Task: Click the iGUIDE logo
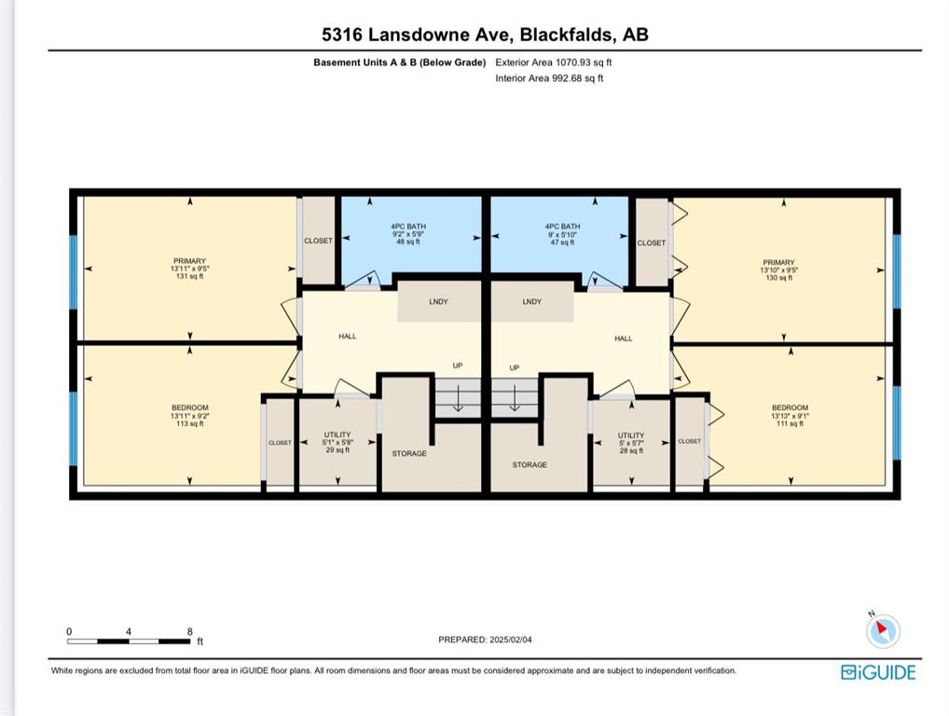pos(878,672)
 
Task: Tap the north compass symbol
pos(883,630)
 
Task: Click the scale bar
pos(129,640)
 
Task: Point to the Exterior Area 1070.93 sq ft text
pos(553,62)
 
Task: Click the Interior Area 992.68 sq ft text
pos(549,78)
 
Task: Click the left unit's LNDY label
pos(438,301)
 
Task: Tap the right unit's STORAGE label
pos(530,465)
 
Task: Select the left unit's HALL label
pos(348,336)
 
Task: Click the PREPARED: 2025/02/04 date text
pos(486,640)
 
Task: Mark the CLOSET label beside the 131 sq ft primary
pos(318,241)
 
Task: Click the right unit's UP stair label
pos(514,367)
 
